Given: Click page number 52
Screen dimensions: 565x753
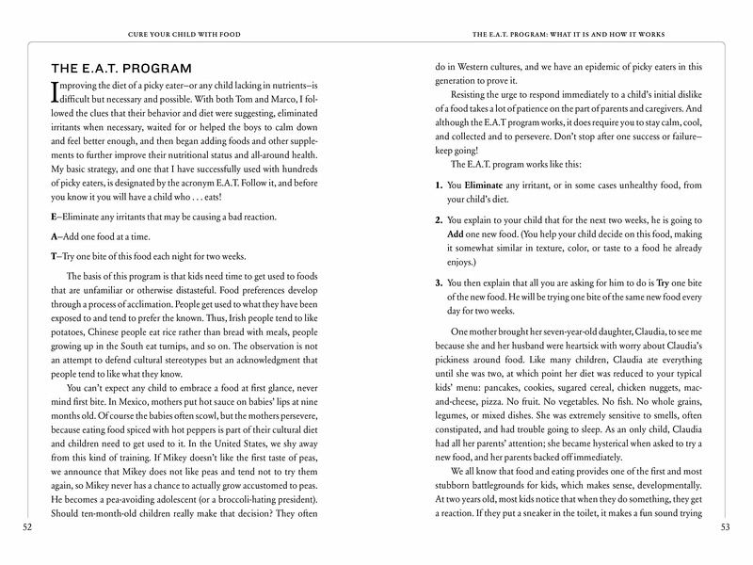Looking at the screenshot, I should point(27,526).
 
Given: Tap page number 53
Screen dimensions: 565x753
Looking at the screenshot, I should point(725,526).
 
